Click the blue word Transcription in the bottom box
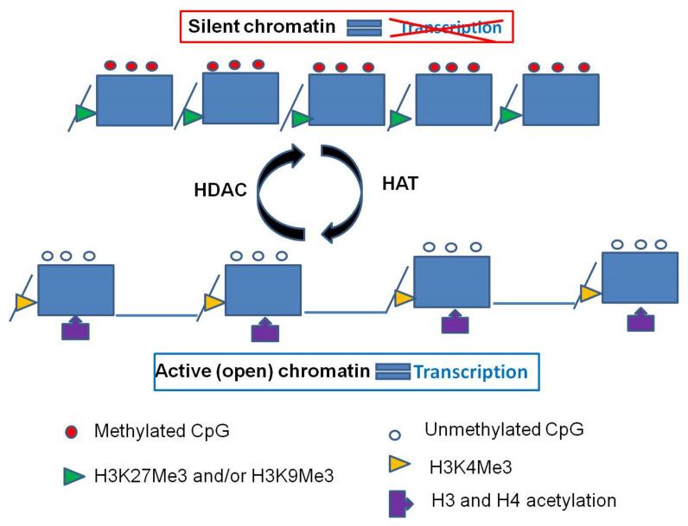pos(470,372)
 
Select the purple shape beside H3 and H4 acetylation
pos(397,503)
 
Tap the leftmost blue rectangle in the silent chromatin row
pos(134,100)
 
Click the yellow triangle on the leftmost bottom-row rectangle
pos(26,301)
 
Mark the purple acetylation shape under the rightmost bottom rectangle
pos(640,320)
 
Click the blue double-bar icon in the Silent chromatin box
pos(364,29)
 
